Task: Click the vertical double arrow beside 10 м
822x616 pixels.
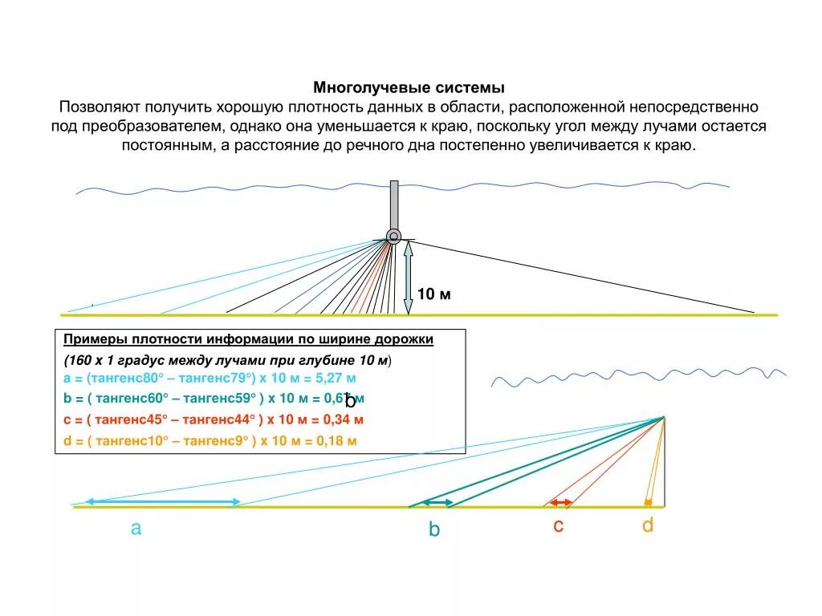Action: pyautogui.click(x=409, y=278)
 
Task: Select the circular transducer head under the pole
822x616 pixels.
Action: pyautogui.click(x=393, y=236)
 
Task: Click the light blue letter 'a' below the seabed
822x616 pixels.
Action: pyautogui.click(x=136, y=529)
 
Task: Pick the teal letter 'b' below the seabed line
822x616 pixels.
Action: pyautogui.click(x=434, y=529)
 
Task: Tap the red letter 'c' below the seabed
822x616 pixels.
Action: pyautogui.click(x=558, y=526)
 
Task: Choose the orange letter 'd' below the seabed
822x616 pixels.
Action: pyautogui.click(x=648, y=525)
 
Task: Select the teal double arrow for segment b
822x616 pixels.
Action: pyautogui.click(x=438, y=502)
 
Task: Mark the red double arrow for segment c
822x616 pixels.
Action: pyautogui.click(x=560, y=503)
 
